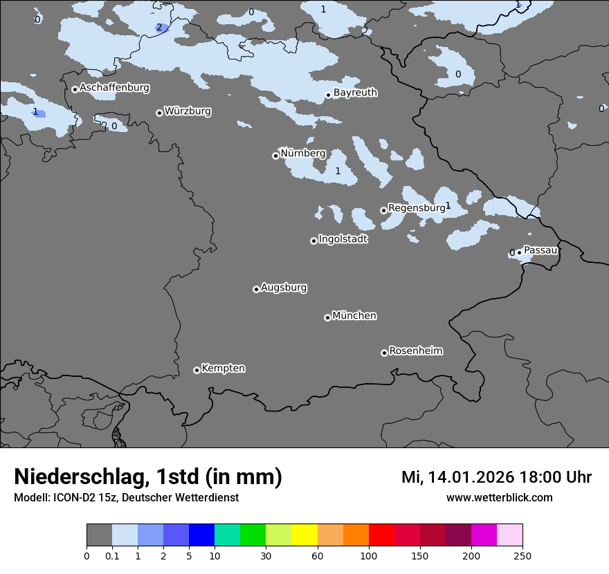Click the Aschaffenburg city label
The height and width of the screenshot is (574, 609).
coord(114,88)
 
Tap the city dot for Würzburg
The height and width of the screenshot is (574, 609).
coord(159,113)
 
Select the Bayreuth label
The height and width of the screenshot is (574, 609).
coord(355,93)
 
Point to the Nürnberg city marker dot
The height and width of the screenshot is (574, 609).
coord(275,156)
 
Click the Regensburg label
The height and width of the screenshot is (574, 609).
coord(416,207)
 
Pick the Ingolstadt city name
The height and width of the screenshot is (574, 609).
coord(343,239)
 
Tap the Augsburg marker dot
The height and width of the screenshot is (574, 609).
coord(256,289)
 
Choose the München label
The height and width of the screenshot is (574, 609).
coord(354,316)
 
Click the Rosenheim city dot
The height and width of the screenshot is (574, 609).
coord(384,353)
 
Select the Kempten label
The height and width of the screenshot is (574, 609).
coord(223,368)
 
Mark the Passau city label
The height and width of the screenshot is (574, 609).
coord(540,250)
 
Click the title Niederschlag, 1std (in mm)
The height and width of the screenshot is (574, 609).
coord(148,477)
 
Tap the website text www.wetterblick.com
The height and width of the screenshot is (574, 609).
coord(499,498)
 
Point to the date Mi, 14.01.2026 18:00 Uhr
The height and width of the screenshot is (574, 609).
coord(496,477)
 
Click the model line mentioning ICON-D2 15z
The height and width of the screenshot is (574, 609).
coord(126,498)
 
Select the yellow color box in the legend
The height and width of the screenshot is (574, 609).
coord(304,535)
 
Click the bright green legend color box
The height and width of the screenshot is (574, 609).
coord(253,535)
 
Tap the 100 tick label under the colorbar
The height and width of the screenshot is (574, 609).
coord(369,556)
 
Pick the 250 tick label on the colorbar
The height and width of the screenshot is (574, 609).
coord(522,556)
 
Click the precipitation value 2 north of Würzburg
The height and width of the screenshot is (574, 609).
coord(159,28)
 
